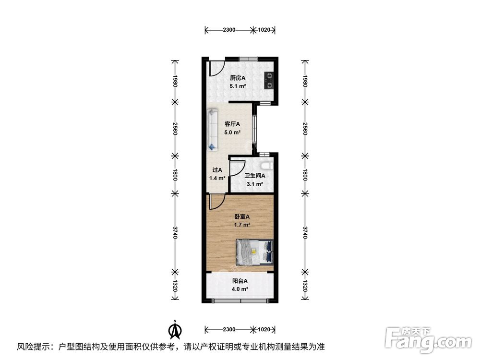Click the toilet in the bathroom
click(x=270, y=166)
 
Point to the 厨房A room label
click(x=238, y=78)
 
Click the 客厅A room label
click(x=232, y=124)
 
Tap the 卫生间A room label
click(x=254, y=176)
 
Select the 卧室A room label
click(x=241, y=216)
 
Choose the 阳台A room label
click(x=240, y=281)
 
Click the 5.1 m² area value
click(x=238, y=86)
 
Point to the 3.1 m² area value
click(x=254, y=184)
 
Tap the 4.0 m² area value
click(x=240, y=289)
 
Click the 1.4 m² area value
click(x=217, y=178)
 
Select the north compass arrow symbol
click(x=176, y=329)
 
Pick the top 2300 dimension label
click(x=229, y=30)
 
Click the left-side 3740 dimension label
click(x=175, y=234)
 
